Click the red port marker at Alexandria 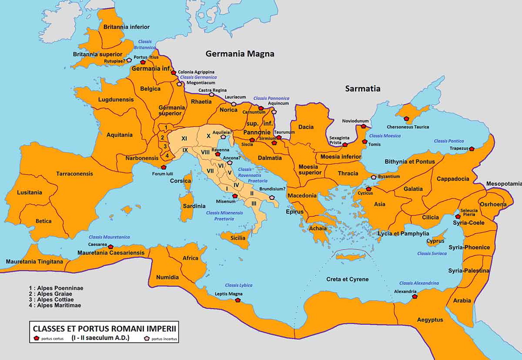point(415,297)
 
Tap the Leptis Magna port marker point(238,300)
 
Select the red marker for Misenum point(234,196)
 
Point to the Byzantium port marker point(373,177)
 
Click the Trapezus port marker point(472,148)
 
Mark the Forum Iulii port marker point(164,167)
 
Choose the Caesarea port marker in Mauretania point(111,246)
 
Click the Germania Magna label point(240,54)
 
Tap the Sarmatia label point(362,89)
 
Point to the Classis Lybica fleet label point(239,285)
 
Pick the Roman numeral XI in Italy point(184,138)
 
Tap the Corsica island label point(180,181)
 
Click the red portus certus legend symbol point(36,338)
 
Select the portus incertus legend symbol point(147,338)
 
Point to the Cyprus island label point(435,241)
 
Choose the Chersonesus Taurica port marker point(406,119)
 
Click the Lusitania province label point(30,193)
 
